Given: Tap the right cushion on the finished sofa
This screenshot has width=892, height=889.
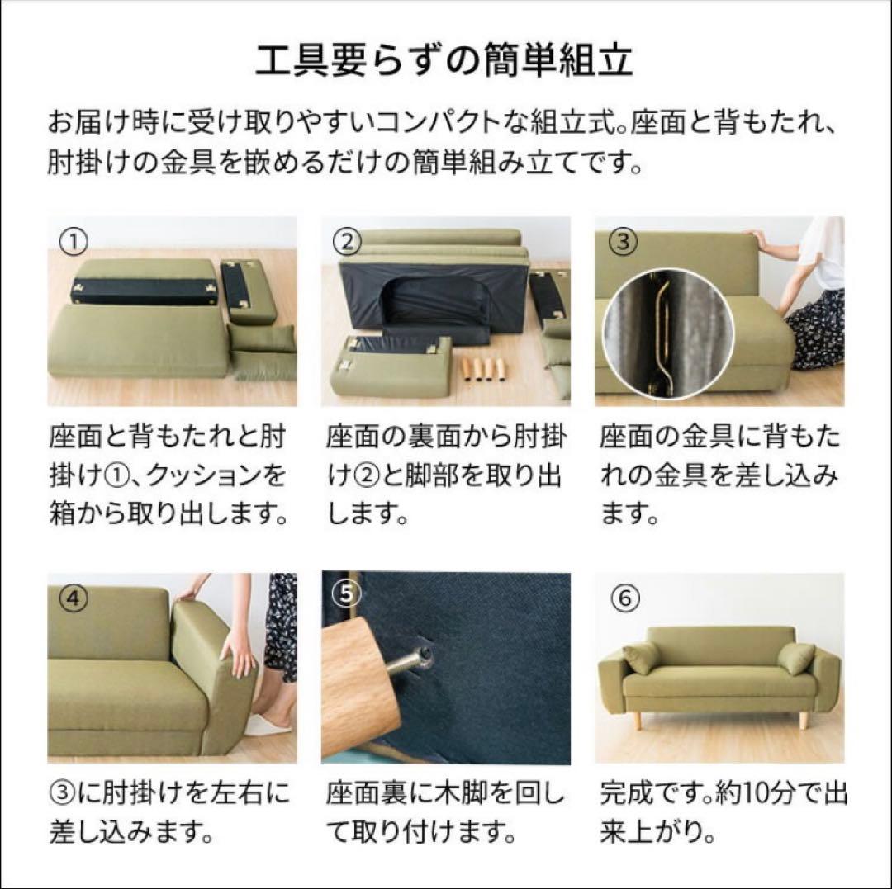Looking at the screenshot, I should pyautogui.click(x=795, y=659).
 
